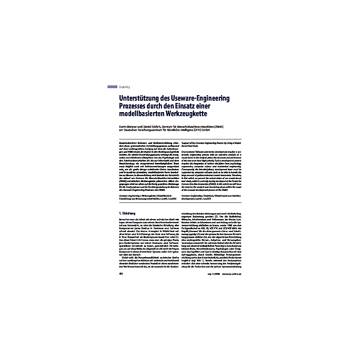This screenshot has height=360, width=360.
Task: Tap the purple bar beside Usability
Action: click(112, 87)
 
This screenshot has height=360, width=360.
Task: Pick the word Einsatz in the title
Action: click(199, 106)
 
